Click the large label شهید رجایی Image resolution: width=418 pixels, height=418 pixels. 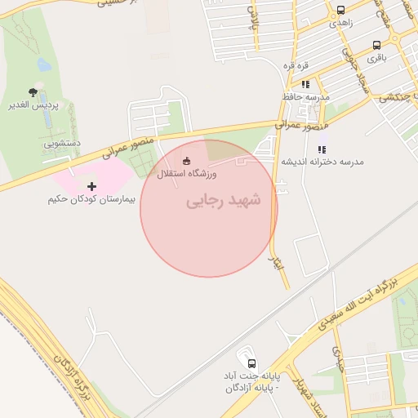pos(223,200)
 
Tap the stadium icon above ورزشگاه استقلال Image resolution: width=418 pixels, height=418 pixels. pos(187,160)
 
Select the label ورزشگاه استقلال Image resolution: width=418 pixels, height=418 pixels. pos(187,174)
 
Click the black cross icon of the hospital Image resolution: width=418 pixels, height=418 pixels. pos(91,186)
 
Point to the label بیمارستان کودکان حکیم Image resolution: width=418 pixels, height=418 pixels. pos(91,199)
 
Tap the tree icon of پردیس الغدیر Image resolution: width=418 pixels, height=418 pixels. pos(33,92)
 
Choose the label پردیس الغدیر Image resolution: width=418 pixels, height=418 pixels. pos(33,106)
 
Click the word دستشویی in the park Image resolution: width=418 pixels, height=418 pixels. pos(63,143)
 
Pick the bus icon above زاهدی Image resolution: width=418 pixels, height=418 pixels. pos(340,11)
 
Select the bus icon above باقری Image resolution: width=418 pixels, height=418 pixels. pos(376,45)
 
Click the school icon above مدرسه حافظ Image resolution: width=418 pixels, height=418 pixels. pos(305,83)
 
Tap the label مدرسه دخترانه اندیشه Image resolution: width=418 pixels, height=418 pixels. pos(322,162)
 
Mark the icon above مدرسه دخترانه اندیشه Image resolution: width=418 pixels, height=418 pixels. pos(322,149)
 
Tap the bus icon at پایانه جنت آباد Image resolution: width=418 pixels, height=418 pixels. pos(251,362)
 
